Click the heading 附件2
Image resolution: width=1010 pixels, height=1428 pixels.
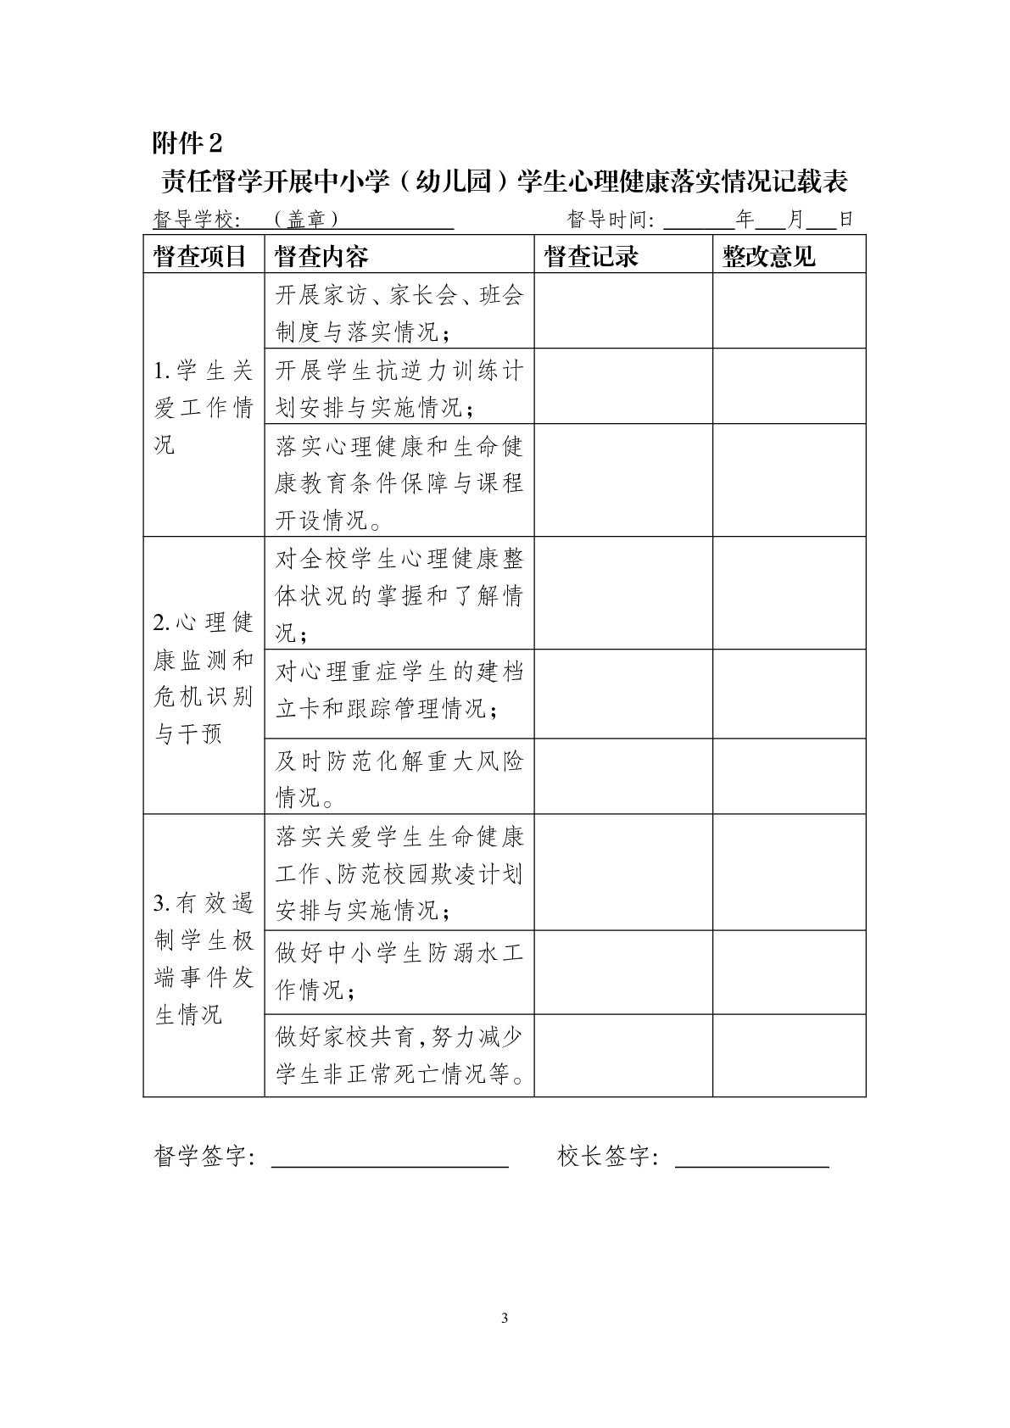[x=187, y=142]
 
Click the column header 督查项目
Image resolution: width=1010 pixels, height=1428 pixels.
[x=200, y=256]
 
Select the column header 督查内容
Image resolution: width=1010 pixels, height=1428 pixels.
[x=322, y=256]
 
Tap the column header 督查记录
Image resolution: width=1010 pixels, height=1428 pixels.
[x=591, y=256]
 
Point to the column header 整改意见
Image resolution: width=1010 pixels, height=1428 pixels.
[x=768, y=256]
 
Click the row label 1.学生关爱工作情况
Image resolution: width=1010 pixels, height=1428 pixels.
[x=204, y=407]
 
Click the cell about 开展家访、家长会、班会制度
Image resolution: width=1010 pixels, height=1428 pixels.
[x=399, y=312]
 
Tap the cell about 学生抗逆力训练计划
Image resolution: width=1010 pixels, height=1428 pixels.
[x=399, y=388]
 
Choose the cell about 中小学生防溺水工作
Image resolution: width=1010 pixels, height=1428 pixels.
[x=399, y=971]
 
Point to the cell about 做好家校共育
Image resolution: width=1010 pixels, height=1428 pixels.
[x=399, y=1055]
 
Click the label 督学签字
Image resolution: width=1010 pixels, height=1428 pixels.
[x=204, y=1156]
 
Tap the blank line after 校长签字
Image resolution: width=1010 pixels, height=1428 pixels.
[x=751, y=1158]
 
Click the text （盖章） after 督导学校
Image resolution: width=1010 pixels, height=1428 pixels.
[x=306, y=220]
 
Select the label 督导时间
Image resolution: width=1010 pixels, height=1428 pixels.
[x=611, y=220]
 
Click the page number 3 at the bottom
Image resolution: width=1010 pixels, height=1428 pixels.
[x=505, y=1318]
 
